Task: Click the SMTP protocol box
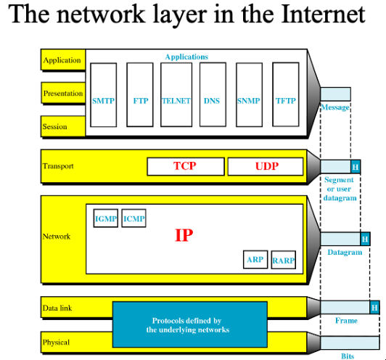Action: click(103, 95)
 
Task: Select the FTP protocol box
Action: click(140, 95)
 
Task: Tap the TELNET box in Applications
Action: click(176, 95)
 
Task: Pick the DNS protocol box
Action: click(213, 95)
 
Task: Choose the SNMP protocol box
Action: click(249, 95)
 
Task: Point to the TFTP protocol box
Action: click(286, 94)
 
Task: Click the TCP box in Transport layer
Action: click(186, 166)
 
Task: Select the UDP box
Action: click(266, 166)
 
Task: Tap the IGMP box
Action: click(106, 218)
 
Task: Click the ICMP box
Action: click(134, 218)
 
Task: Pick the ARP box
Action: click(255, 260)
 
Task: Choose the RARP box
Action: click(284, 260)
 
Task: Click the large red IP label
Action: click(184, 235)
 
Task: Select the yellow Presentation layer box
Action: click(63, 93)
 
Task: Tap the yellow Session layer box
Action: click(63, 126)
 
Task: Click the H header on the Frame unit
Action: click(374, 307)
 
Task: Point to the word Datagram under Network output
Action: click(345, 252)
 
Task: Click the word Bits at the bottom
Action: click(348, 356)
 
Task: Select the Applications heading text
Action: click(186, 57)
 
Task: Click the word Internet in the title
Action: click(323, 15)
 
